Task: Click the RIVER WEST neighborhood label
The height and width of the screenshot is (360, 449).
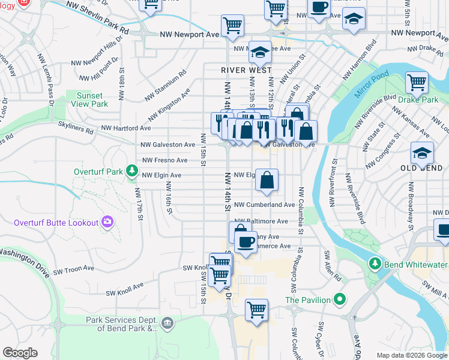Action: tap(242, 70)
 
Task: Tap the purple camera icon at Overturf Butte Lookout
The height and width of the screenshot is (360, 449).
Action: tap(107, 223)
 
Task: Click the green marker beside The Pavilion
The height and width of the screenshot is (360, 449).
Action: tap(340, 299)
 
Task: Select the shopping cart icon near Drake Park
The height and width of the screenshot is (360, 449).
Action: tap(417, 82)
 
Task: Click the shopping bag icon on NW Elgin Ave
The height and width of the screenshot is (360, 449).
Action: tap(267, 179)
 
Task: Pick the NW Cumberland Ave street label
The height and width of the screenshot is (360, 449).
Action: tap(265, 205)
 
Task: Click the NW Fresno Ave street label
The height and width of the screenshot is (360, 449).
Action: tap(165, 161)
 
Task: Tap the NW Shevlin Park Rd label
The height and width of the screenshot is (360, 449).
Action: tap(97, 17)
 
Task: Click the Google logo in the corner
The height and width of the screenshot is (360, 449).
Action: tap(20, 353)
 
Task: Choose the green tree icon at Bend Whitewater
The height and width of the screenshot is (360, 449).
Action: tap(375, 263)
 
